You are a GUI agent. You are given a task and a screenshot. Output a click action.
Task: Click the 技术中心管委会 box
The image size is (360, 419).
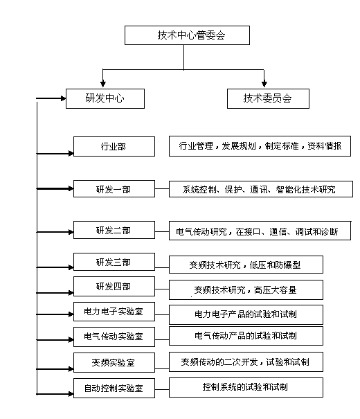(187, 35)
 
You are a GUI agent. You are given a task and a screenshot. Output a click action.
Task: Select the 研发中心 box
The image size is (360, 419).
(105, 98)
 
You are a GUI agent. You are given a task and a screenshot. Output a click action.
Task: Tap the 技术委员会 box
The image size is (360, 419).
(268, 98)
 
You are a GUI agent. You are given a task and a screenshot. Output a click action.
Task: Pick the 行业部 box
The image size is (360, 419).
(114, 146)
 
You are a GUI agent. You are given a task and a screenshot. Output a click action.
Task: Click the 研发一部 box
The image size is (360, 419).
(114, 189)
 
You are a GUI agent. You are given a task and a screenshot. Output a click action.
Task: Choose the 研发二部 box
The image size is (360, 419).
(114, 230)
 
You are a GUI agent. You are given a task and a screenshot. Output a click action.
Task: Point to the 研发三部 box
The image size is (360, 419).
(114, 262)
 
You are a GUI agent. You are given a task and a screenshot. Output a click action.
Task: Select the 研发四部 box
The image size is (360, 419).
(114, 287)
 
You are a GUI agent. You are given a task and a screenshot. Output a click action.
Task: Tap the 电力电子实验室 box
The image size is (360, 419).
(114, 312)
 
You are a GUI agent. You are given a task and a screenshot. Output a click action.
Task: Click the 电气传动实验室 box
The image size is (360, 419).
(114, 337)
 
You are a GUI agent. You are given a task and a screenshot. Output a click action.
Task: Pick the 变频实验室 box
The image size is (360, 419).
(114, 363)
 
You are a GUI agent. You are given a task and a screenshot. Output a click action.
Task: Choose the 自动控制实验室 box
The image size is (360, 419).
(114, 388)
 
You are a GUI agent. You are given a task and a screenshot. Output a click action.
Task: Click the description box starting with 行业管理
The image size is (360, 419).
(260, 146)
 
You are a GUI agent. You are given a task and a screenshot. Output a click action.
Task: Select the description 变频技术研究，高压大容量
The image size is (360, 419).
(246, 289)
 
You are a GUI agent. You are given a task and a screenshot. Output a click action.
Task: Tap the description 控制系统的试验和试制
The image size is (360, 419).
(246, 387)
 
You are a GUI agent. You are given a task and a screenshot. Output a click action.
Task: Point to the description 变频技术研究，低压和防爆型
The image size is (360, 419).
(246, 265)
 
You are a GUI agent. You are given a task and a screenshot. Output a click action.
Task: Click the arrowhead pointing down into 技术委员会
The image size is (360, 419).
(264, 84)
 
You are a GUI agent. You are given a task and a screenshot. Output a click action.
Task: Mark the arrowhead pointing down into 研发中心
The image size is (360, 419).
(103, 84)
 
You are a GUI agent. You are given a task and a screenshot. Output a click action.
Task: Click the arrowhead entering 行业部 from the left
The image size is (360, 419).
(71, 153)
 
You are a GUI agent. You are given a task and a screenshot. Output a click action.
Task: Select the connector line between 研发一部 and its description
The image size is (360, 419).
(162, 189)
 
